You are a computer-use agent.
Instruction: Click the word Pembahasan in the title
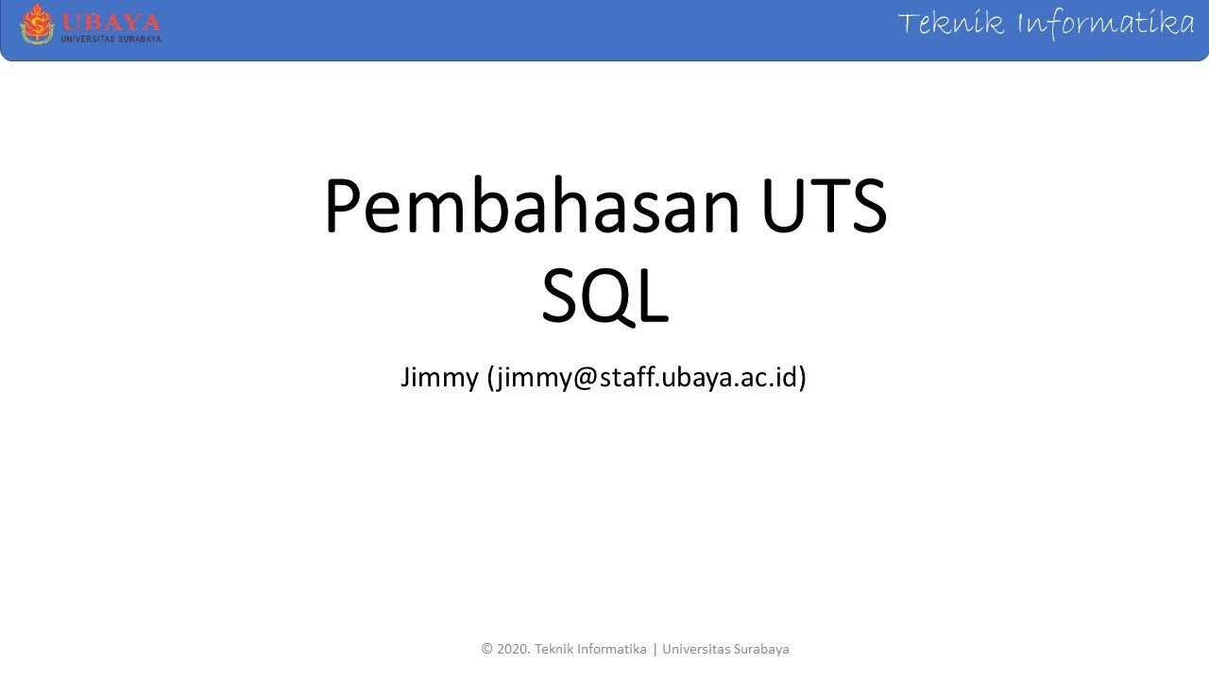pyautogui.click(x=532, y=207)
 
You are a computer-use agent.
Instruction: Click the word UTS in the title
pyautogui.click(x=824, y=207)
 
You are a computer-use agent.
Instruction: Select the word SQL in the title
pyautogui.click(x=604, y=295)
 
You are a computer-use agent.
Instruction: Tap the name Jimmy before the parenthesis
pyautogui.click(x=439, y=378)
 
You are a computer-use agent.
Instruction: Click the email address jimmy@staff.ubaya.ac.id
pyautogui.click(x=646, y=378)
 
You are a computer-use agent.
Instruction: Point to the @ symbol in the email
pyautogui.click(x=584, y=378)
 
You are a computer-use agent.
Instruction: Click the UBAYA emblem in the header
pyautogui.click(x=38, y=24)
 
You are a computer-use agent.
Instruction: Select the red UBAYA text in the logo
pyautogui.click(x=111, y=22)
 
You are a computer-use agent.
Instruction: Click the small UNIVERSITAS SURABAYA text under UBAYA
pyautogui.click(x=111, y=39)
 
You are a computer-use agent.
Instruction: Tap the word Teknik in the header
pyautogui.click(x=951, y=23)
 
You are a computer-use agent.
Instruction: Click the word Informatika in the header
pyautogui.click(x=1105, y=23)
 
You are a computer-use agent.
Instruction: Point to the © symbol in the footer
pyautogui.click(x=487, y=650)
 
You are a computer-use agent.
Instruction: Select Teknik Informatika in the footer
pyautogui.click(x=590, y=650)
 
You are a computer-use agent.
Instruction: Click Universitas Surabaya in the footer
pyautogui.click(x=725, y=650)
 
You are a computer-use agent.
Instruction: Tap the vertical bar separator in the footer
pyautogui.click(x=655, y=650)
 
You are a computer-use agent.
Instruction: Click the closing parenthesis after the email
pyautogui.click(x=802, y=378)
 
